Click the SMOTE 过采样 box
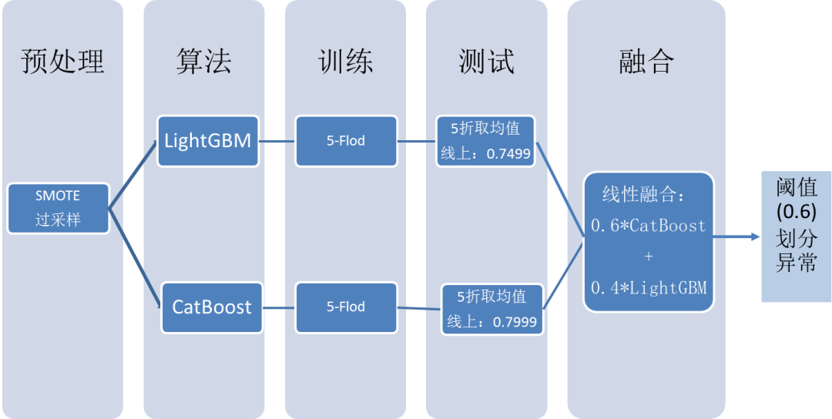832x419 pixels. click(58, 208)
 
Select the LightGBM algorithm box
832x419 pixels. click(207, 141)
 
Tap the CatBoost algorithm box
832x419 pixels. click(211, 307)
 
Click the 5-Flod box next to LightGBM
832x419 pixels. click(346, 141)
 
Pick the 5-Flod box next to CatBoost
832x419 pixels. click(346, 307)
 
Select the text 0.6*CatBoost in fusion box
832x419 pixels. click(648, 226)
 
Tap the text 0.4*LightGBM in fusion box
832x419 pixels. click(648, 288)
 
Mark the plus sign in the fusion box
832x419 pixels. click(648, 256)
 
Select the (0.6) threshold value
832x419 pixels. click(796, 212)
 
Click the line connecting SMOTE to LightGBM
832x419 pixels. click(133, 176)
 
